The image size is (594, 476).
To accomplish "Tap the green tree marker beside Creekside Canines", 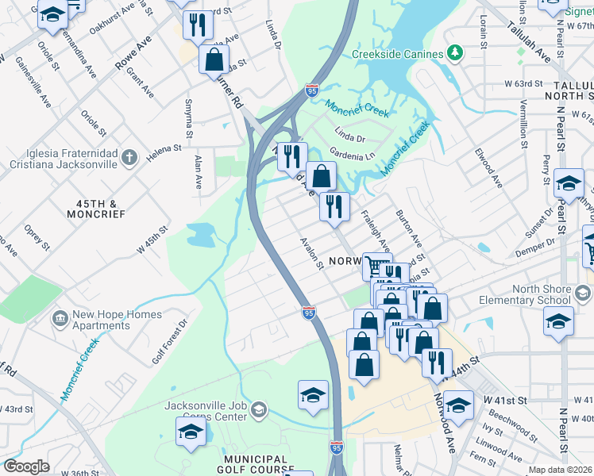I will pyautogui.click(x=454, y=53).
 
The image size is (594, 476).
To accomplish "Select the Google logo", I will pyautogui.click(x=26, y=466).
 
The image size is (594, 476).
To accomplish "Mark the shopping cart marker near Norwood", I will pyautogui.click(x=377, y=266).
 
